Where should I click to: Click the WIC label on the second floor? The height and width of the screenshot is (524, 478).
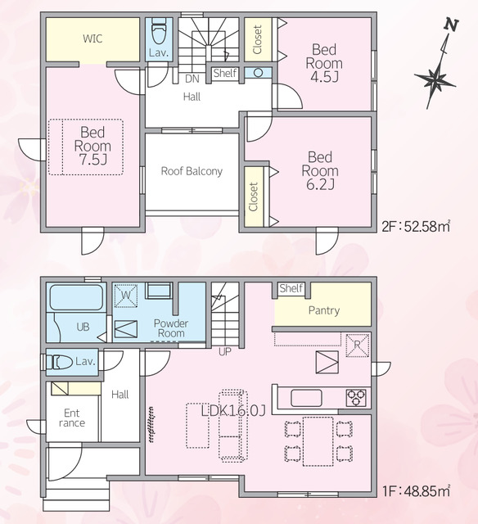tap(92, 38)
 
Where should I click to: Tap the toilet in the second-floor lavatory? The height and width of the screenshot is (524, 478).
tap(159, 31)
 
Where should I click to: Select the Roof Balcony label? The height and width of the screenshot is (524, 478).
tap(192, 171)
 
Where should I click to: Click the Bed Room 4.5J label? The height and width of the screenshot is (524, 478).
tap(324, 63)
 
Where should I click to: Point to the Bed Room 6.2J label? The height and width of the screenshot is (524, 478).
tap(320, 171)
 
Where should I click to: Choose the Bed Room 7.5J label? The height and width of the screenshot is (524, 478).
tap(92, 146)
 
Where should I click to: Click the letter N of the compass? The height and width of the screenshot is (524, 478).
tap(451, 25)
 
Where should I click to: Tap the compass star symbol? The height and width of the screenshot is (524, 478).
tap(435, 80)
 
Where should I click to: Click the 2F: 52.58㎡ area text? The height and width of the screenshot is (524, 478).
tap(417, 227)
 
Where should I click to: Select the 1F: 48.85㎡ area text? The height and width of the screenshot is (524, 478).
tap(417, 491)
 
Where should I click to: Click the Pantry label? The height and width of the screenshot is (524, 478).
tap(323, 310)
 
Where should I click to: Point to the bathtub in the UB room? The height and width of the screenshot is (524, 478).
tap(76, 297)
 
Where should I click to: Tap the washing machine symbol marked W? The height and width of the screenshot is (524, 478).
tap(125, 296)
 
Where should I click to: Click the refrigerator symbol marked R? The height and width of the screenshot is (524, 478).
tap(358, 346)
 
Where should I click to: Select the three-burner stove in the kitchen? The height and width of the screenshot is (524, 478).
tap(356, 398)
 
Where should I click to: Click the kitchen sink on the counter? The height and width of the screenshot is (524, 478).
tap(306, 398)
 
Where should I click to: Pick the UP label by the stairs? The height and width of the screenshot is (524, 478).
tap(225, 351)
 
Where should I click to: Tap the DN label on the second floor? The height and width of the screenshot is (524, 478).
tap(192, 79)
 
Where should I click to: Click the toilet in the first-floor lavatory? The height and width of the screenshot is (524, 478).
tap(59, 362)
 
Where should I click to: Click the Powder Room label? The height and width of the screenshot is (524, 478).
tap(171, 328)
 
